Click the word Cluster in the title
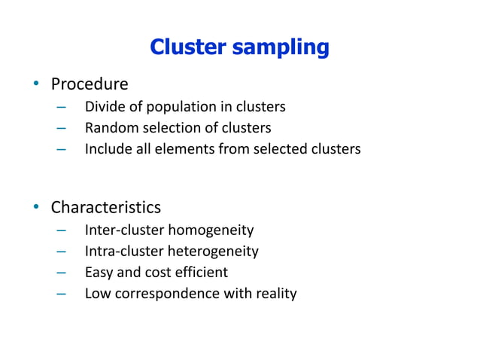pos(187,47)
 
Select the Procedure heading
pos(89,84)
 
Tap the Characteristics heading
pos(105,206)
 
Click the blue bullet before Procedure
pos(35,84)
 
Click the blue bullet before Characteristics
pos(35,206)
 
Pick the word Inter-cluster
pos(124,230)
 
